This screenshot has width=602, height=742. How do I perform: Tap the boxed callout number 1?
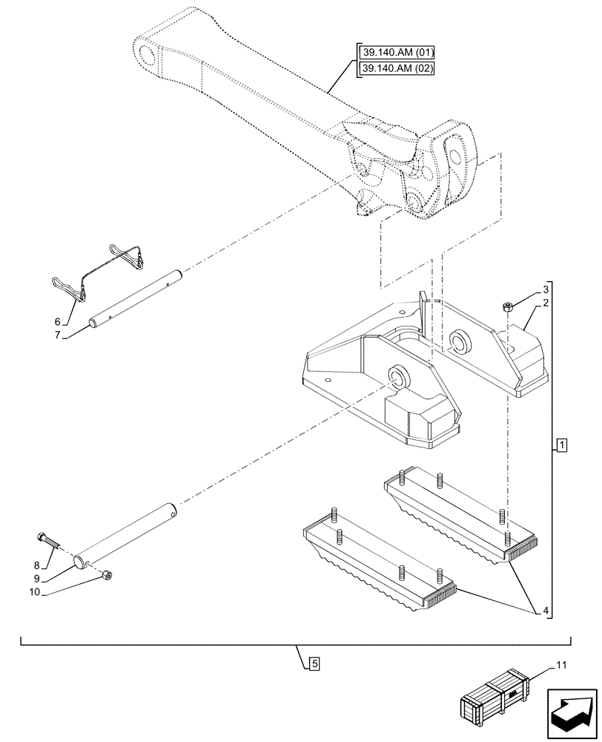(x=562, y=445)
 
